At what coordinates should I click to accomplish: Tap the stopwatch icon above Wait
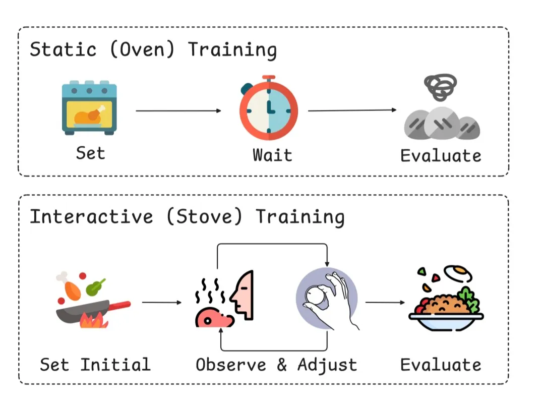[268, 108]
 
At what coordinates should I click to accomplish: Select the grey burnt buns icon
[442, 113]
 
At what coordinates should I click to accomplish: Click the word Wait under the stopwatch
[272, 154]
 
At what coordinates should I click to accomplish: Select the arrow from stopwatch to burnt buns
[352, 110]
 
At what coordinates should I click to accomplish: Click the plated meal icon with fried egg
[446, 297]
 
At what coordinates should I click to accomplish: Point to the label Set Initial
[95, 364]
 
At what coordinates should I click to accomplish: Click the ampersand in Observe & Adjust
[282, 365]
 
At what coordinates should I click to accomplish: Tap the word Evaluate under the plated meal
[441, 364]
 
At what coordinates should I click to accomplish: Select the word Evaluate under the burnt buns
[441, 155]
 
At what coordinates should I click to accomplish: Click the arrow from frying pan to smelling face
[161, 303]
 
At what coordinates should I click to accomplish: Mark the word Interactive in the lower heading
[91, 216]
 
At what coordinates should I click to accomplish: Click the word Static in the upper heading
[63, 50]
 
